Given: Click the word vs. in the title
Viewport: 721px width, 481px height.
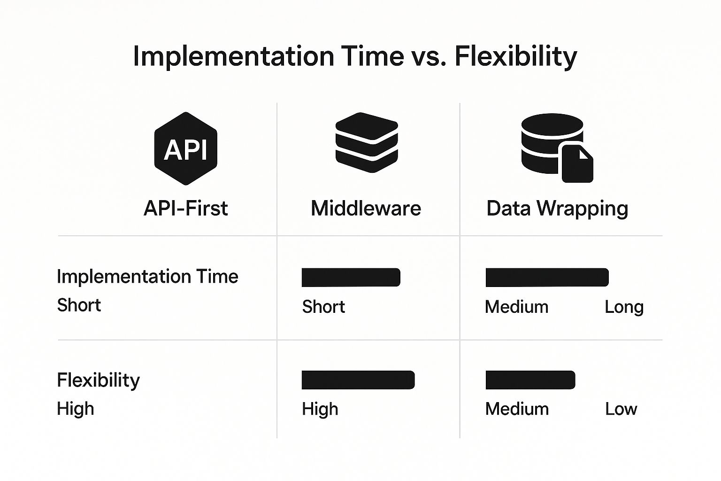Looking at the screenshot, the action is (430, 57).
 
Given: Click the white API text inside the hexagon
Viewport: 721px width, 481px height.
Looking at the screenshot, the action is (185, 150).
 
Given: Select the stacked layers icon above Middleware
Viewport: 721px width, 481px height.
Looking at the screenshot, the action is (367, 142).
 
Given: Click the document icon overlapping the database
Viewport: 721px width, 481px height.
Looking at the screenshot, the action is (577, 163).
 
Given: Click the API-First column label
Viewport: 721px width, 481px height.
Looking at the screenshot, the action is (186, 208).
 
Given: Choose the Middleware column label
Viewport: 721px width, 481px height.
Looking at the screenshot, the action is (366, 208).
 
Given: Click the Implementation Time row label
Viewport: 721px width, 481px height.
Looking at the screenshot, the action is (147, 276).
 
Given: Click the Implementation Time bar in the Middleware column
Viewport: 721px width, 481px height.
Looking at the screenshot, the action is (351, 278).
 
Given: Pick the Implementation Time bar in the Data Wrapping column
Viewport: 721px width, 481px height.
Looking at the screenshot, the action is (547, 278).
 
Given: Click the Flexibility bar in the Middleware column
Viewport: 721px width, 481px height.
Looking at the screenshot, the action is (358, 380).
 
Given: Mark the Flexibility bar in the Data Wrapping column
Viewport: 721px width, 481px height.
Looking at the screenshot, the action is (530, 380).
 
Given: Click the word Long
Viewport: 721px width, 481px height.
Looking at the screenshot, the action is (624, 307).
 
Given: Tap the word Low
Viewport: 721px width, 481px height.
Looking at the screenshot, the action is (621, 409).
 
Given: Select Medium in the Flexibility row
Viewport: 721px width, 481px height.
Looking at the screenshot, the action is (517, 409).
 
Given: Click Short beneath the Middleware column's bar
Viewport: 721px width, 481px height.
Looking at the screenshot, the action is (323, 306).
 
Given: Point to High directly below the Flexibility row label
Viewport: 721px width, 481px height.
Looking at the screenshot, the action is (75, 409).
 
